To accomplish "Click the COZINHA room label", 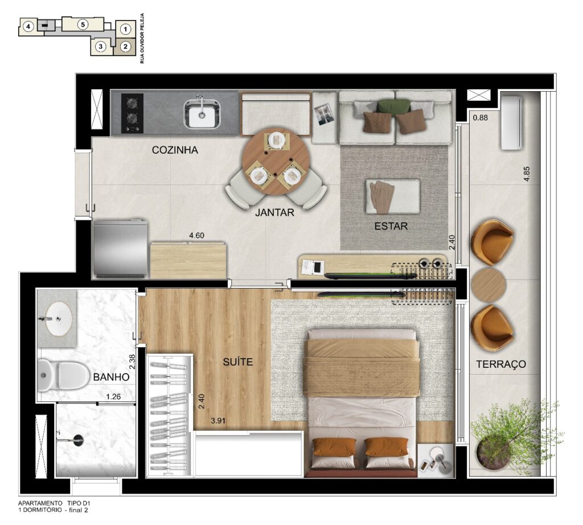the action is click(x=175, y=150).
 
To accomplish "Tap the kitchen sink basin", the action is click(x=202, y=113).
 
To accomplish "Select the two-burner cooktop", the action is click(x=132, y=113).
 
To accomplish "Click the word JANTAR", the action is click(x=274, y=212).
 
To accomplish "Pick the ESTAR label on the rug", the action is click(x=391, y=225).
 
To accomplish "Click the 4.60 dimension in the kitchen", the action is click(x=196, y=235).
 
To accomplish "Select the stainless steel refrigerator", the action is click(x=120, y=248).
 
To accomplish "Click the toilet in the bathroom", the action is click(x=63, y=375).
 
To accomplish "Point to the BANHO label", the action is click(x=111, y=377).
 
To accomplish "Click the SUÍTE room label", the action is click(x=237, y=362).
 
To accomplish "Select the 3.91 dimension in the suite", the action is click(x=218, y=421).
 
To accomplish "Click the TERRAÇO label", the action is click(x=501, y=364).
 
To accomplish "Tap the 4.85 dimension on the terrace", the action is click(x=527, y=174).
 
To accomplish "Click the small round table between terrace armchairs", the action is click(x=488, y=285).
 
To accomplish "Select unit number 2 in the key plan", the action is click(x=125, y=47).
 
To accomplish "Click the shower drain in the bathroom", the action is click(x=78, y=440).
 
